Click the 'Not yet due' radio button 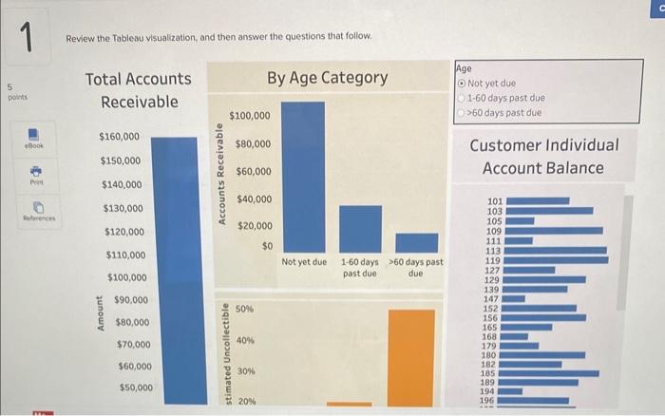(462, 83)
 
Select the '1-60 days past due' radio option (462, 97)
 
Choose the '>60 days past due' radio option (462, 112)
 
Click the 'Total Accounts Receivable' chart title (138, 90)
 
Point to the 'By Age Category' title (327, 77)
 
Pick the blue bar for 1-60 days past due (360, 228)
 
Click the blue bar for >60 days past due (416, 242)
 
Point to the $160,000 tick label (120, 138)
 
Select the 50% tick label (244, 310)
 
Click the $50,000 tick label (134, 388)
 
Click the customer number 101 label (493, 201)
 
